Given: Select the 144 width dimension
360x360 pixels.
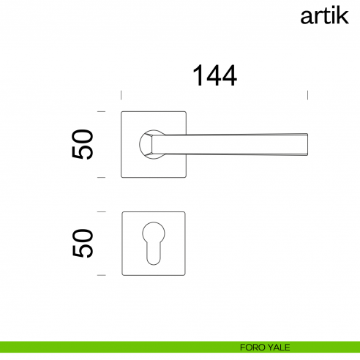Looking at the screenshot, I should pos(214,75).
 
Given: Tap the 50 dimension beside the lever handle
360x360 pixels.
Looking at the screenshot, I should pos(83,144).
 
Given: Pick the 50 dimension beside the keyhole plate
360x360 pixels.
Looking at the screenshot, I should pos(83,243).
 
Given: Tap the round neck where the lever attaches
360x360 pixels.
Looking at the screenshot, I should pos(149,143).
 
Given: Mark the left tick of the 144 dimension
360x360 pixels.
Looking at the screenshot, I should pos(121,95).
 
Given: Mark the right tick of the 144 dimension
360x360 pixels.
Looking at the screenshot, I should pos(307,95).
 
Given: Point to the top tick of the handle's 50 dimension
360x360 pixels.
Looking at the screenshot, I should pos(102,111).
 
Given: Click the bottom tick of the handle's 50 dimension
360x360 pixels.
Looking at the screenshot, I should pos(102,177).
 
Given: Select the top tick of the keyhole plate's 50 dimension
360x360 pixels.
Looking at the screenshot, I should pos(102,211).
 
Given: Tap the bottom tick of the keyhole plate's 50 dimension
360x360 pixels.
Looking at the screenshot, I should pos(102,275).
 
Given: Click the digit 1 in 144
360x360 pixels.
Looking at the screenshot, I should pos(198,75).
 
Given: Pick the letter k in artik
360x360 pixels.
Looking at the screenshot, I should pos(342,15).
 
